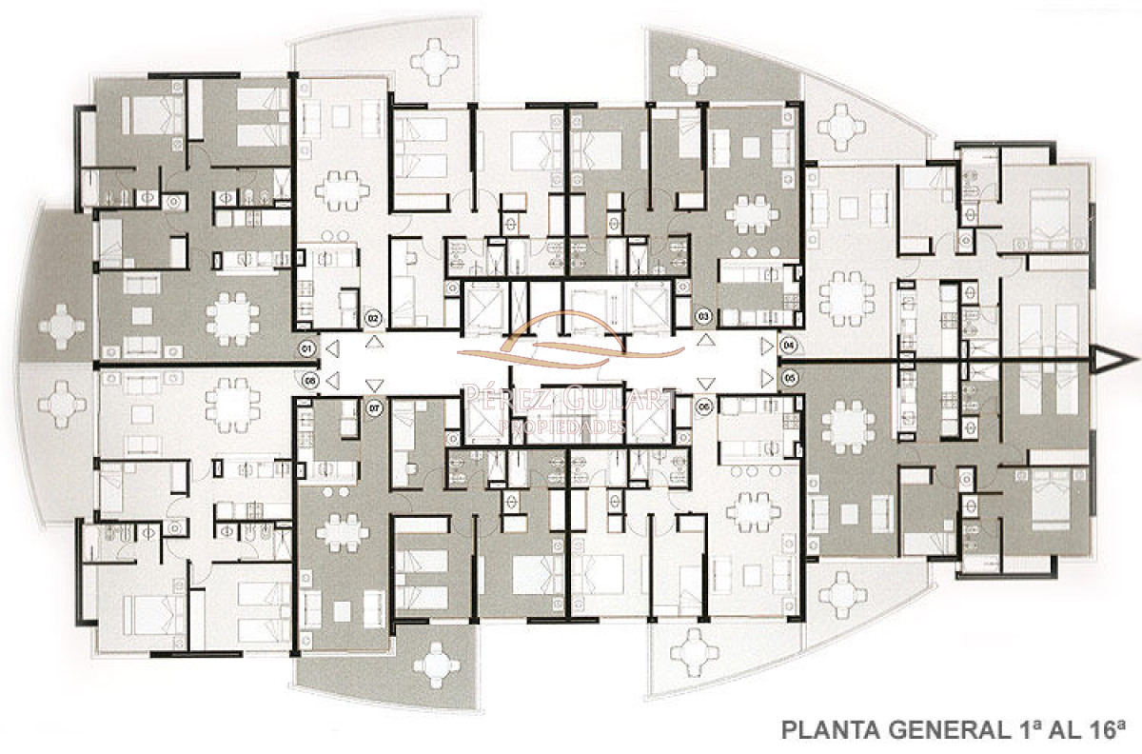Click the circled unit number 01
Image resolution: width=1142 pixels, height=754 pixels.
[306, 349]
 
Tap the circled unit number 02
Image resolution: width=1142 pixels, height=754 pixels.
[373, 317]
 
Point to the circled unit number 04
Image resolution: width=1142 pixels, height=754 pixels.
[789, 344]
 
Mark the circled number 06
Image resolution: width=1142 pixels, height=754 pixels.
[705, 407]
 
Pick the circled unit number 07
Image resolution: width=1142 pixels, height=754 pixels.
[373, 407]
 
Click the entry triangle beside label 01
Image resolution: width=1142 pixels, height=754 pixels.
[330, 349]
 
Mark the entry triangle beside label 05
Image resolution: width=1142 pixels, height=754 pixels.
[766, 378]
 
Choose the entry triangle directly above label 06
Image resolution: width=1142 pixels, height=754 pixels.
[705, 385]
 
